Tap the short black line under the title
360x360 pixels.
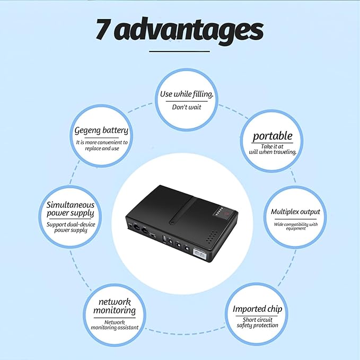pos(180,51)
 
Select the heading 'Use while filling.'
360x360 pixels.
pos(187,94)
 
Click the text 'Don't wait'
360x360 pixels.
pos(187,107)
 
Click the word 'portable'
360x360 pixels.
pos(272,136)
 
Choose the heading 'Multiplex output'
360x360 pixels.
pos(295,212)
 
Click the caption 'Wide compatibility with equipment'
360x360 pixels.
pos(295,226)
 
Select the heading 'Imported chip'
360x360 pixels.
pos(257,309)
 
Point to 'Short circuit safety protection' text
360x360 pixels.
pos(257,322)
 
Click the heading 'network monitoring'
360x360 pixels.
pos(114,306)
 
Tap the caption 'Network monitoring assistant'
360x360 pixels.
pos(114,324)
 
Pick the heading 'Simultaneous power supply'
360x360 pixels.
pos(71,209)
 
